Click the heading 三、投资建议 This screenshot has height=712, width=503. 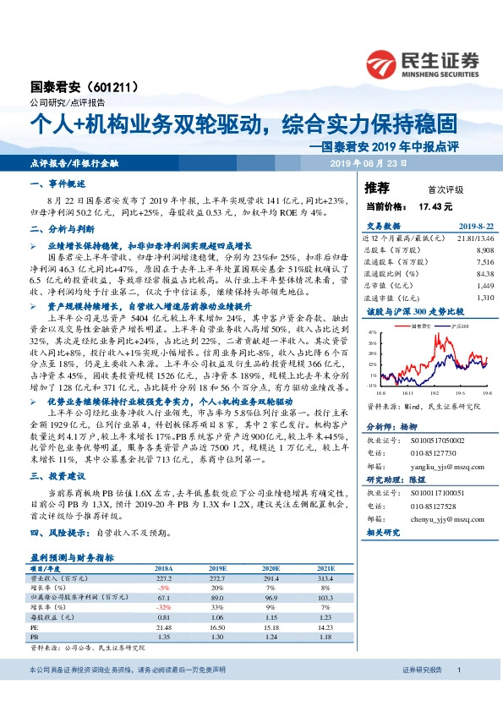(x=55, y=478)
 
